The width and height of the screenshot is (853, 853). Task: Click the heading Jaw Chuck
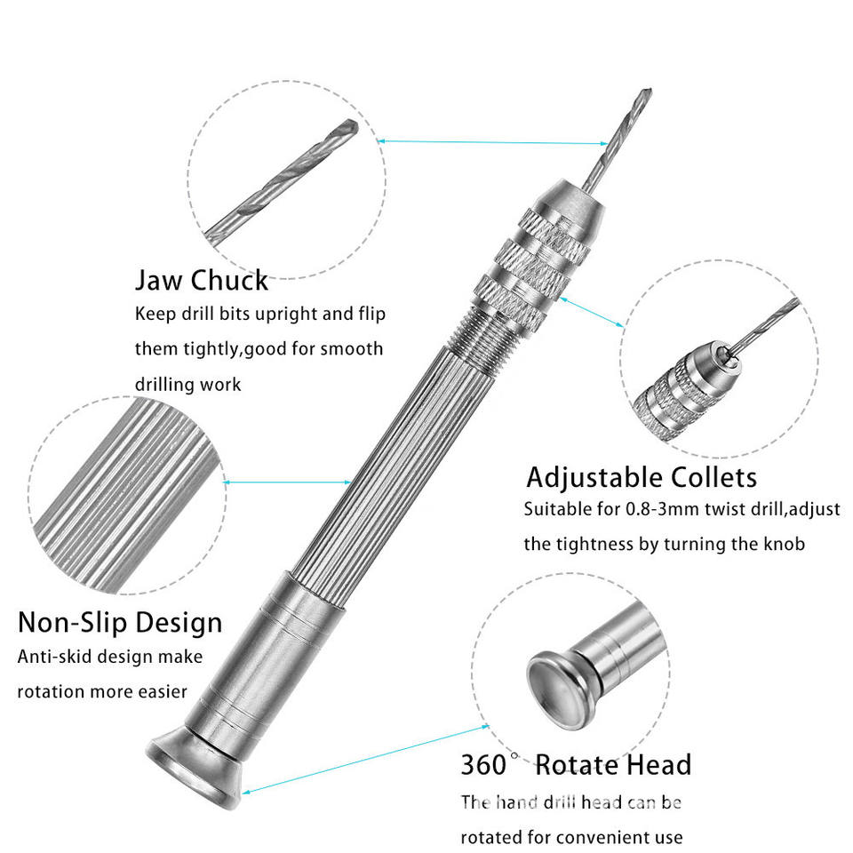202,281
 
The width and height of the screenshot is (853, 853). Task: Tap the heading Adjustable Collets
642,478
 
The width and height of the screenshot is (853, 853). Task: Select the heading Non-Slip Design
120,622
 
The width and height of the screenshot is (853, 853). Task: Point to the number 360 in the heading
483,765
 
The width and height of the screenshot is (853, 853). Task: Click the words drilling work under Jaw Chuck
187,385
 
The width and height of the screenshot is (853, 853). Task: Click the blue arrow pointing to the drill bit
492,142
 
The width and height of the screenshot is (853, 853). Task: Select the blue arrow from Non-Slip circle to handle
287,482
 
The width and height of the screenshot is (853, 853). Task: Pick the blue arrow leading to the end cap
365,760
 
